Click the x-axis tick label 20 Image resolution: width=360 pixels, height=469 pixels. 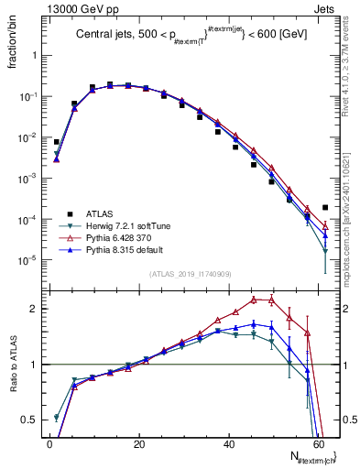click(138, 443)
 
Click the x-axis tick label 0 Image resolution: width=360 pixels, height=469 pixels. click(49, 443)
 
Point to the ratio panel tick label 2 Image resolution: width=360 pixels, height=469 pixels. click(36, 309)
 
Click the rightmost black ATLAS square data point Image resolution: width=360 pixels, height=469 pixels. click(325, 207)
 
